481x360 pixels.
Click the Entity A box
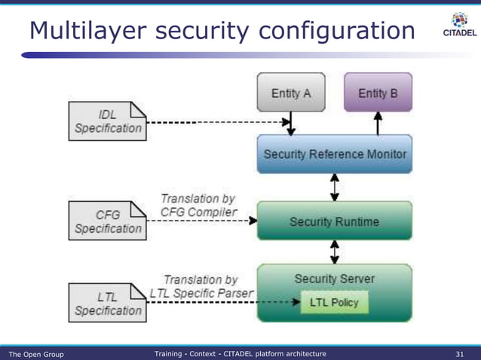pyautogui.click(x=291, y=93)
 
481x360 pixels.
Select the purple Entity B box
pyautogui.click(x=378, y=93)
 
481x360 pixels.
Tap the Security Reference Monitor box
pyautogui.click(x=335, y=154)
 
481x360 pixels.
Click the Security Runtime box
pyautogui.click(x=335, y=221)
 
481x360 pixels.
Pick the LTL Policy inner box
pyautogui.click(x=334, y=303)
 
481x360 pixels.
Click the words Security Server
pyautogui.click(x=335, y=279)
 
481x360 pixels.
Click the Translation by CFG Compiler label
pyautogui.click(x=198, y=206)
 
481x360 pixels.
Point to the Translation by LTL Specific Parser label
pyautogui.click(x=201, y=285)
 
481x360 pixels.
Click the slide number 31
pyautogui.click(x=460, y=353)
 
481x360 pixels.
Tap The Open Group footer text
pyautogui.click(x=36, y=353)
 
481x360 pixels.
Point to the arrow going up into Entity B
pyautogui.click(x=378, y=123)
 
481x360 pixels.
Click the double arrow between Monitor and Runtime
pyautogui.click(x=335, y=187)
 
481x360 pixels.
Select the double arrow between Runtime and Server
pyautogui.click(x=335, y=252)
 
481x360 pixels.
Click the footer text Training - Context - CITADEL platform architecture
pyautogui.click(x=240, y=353)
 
